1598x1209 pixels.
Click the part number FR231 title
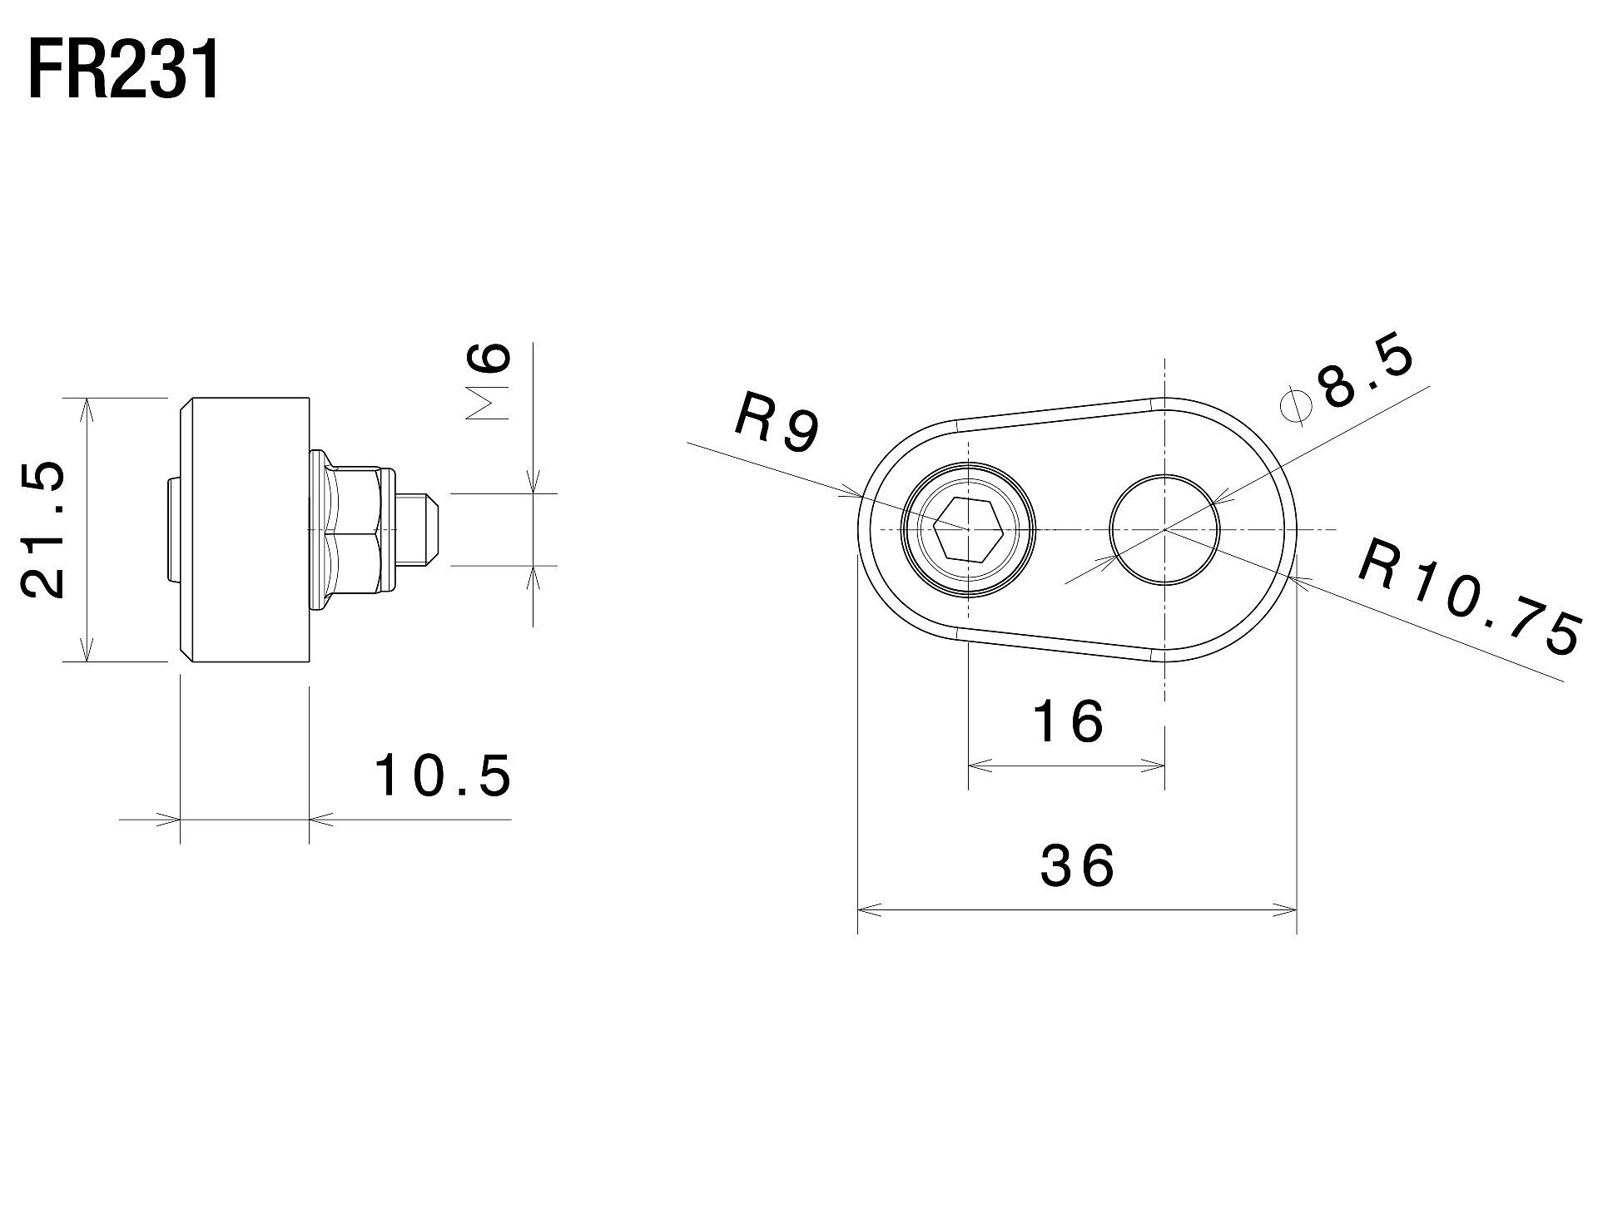[x=125, y=71]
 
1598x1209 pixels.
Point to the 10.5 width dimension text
[x=443, y=775]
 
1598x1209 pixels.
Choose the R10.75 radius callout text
[x=1470, y=597]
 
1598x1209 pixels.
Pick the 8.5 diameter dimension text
[x=1365, y=374]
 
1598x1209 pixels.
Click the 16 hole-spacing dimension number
[x=1068, y=721]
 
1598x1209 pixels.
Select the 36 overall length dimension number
[x=1077, y=865]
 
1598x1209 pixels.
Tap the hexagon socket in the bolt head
[x=967, y=529]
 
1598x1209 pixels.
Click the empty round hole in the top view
[x=1164, y=529]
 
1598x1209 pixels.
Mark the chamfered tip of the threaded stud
[x=432, y=529]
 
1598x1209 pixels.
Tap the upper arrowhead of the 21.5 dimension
[x=86, y=408]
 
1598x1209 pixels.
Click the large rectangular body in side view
[x=246, y=530]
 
